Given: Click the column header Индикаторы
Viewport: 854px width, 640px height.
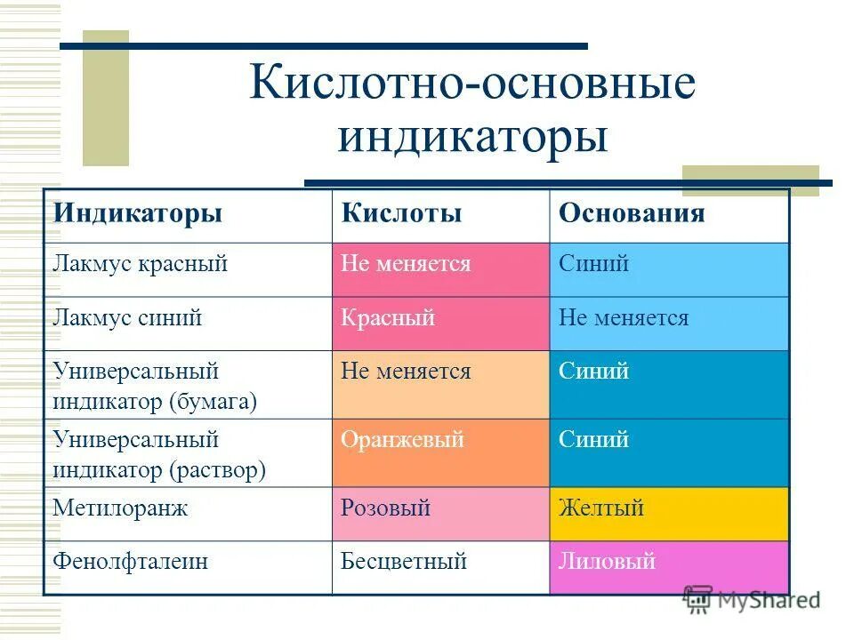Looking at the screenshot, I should pos(138,214).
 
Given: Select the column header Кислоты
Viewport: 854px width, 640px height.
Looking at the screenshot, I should pos(401,214).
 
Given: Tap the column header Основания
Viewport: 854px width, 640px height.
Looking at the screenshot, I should pos(632,214).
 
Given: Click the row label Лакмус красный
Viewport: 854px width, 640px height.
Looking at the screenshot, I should pos(141,264).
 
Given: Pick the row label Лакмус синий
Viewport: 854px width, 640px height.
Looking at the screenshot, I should pos(127,318).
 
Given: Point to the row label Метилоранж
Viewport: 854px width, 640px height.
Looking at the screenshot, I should pos(120,509).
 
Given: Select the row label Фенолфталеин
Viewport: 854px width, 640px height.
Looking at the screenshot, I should pos(130,562).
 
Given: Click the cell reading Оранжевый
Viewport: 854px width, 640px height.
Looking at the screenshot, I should pos(402,440).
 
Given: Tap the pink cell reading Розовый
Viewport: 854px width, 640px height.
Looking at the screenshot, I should pos(386,508).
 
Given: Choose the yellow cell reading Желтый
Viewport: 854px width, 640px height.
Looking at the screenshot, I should pos(601,508).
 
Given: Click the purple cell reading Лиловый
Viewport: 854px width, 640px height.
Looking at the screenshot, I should pos(607,561).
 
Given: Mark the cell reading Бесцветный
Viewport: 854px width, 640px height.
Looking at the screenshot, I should pos(404,562).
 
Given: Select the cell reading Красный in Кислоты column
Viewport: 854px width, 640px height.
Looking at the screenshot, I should pos(388,318).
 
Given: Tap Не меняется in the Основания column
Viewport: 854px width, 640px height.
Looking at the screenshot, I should pos(624,318).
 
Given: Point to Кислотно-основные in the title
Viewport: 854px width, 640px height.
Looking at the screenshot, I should pos(472,84).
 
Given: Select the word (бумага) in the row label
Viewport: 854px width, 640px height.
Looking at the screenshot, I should pos(213,402).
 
